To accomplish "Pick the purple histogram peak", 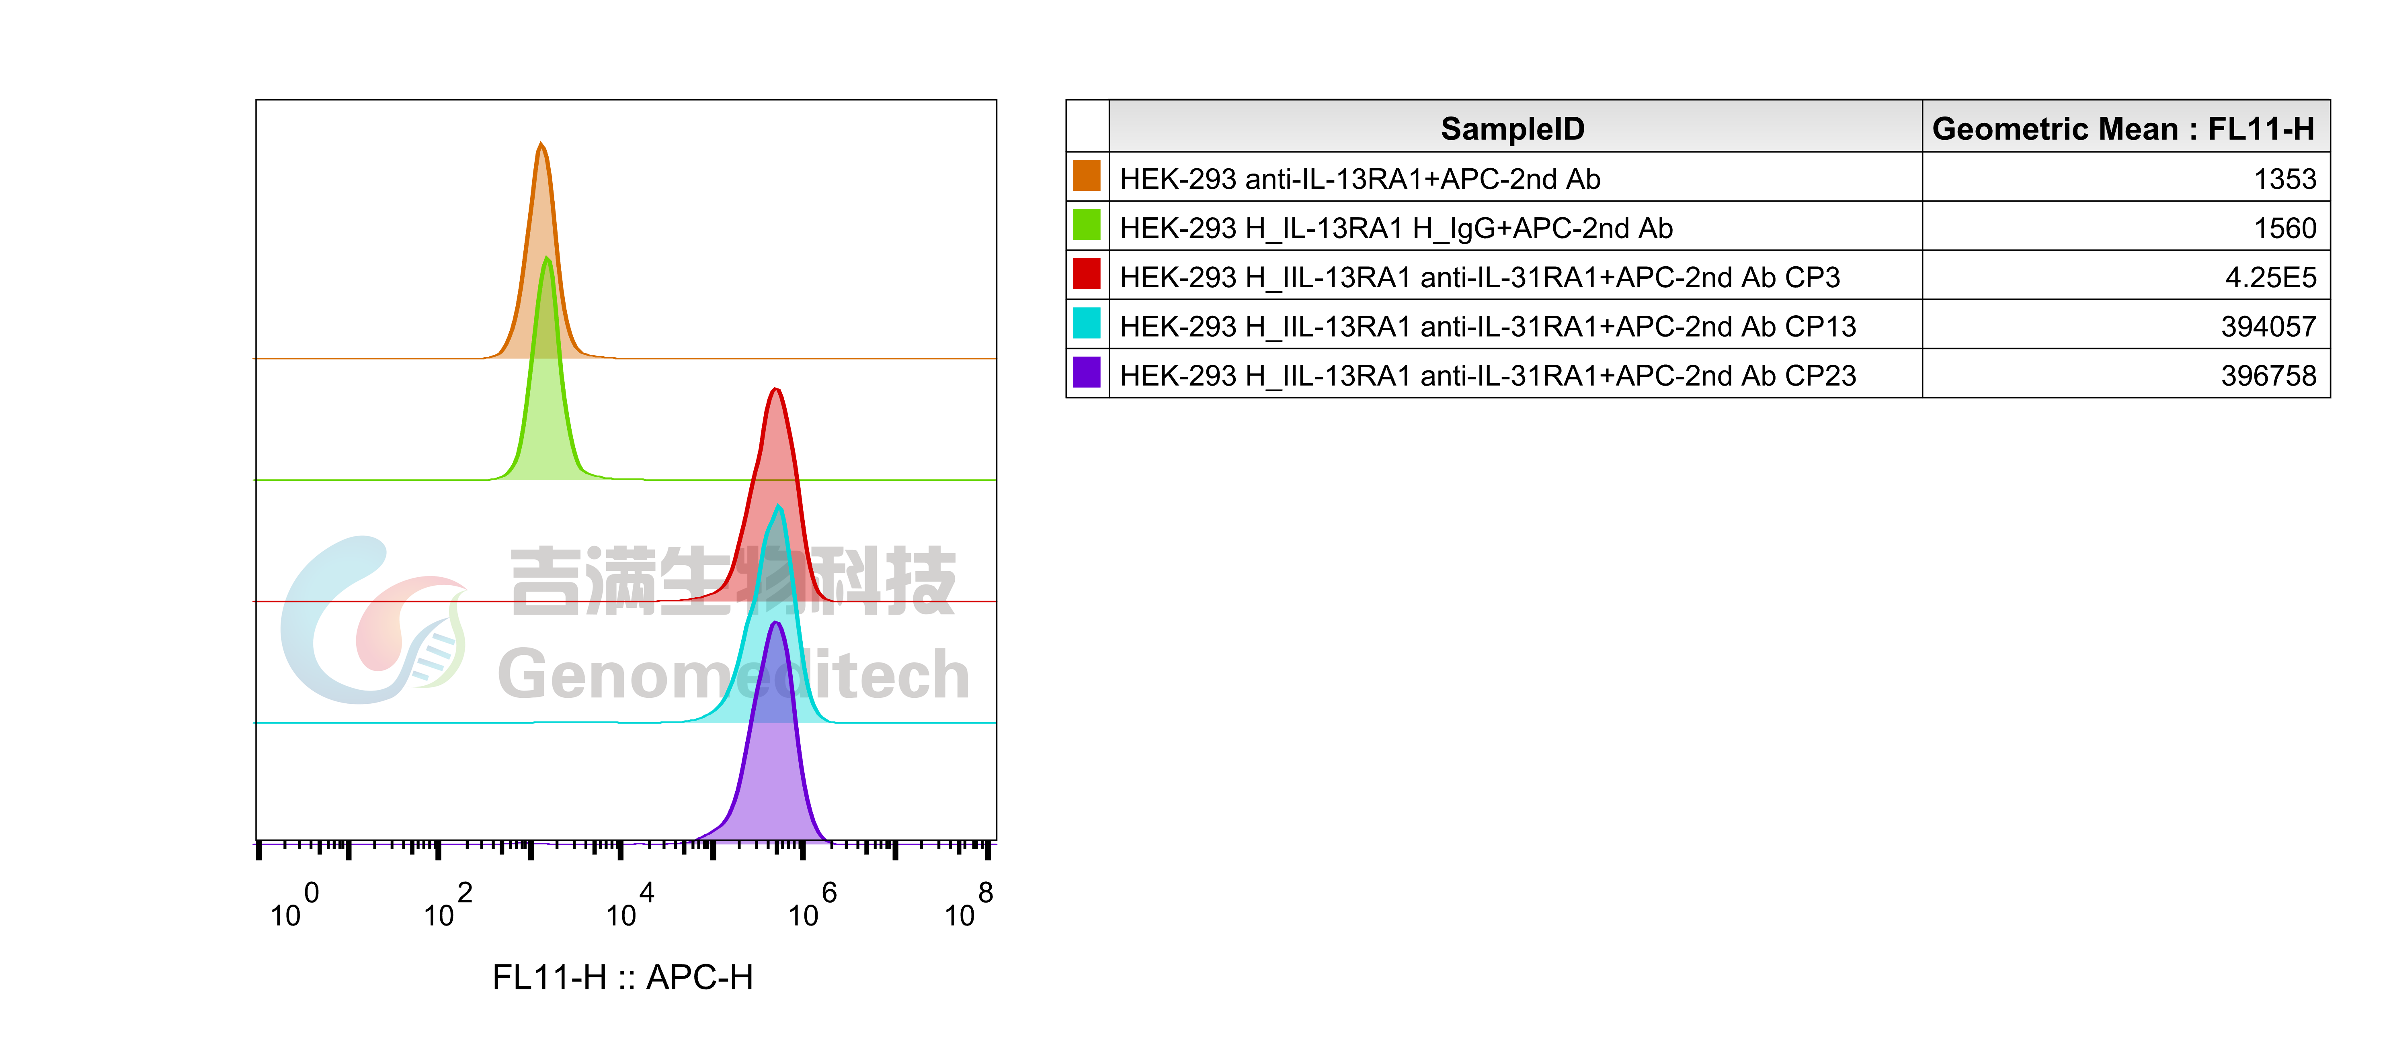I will point(775,741).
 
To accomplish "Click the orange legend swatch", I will point(1086,175).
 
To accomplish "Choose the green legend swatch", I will point(1086,224).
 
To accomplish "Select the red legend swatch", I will point(1086,273).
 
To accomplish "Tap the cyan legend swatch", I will point(1086,323).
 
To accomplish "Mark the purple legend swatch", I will point(1086,372).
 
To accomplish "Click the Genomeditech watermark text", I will point(732,674).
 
